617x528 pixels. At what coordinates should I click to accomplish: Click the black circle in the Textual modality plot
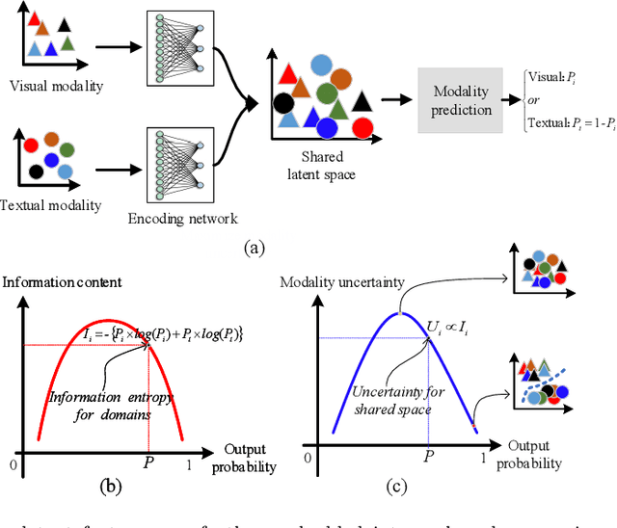pos(36,172)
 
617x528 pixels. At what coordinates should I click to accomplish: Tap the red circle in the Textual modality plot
pos(31,145)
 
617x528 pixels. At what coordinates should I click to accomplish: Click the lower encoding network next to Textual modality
pos(174,165)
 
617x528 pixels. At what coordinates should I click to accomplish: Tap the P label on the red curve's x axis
pos(148,463)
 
